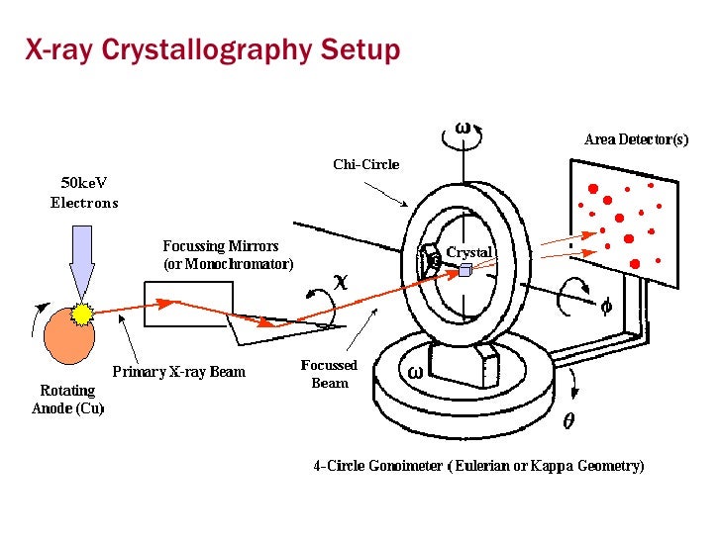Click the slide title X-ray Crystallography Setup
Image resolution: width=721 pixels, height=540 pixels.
click(x=212, y=50)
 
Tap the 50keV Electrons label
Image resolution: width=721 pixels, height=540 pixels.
click(x=84, y=194)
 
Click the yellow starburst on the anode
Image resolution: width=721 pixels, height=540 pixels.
click(x=81, y=315)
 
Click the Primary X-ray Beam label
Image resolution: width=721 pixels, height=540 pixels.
click(x=177, y=373)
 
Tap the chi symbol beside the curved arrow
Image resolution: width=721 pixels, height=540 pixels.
click(x=340, y=281)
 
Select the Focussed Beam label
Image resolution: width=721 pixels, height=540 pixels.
click(x=330, y=374)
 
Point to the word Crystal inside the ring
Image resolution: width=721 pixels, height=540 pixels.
click(x=468, y=252)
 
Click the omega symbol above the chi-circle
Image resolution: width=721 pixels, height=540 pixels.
click(x=463, y=128)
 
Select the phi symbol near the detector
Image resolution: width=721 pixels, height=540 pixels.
click(x=606, y=306)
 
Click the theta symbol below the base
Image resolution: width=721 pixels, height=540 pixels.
click(x=567, y=420)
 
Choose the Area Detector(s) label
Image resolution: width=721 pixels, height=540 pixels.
click(x=636, y=139)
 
